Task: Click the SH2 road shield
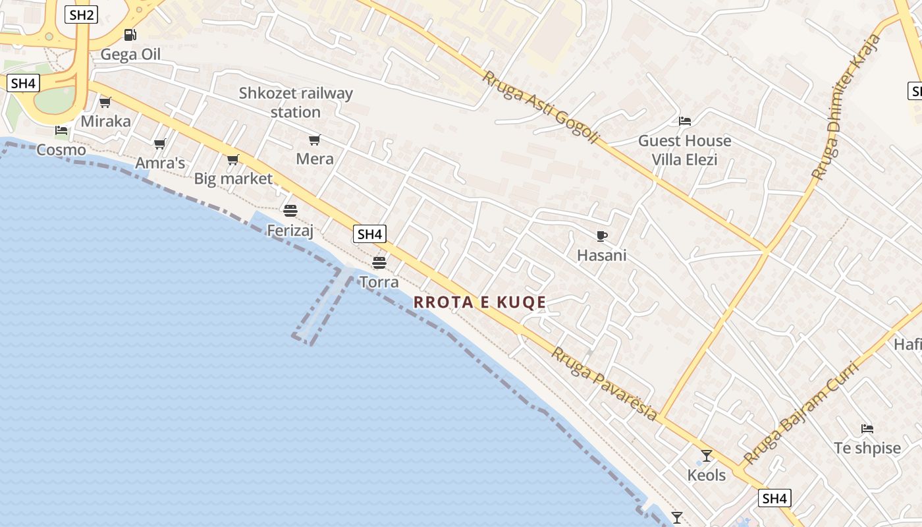(81, 15)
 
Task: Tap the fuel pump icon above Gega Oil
(130, 35)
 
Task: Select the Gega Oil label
(130, 54)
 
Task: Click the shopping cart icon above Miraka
(105, 102)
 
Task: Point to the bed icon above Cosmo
(61, 130)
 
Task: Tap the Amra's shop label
(160, 163)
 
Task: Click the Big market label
(233, 179)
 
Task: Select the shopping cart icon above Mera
(314, 140)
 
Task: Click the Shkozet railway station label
(296, 102)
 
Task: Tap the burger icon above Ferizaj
(290, 211)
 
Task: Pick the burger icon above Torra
(379, 263)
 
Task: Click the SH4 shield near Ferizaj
(369, 234)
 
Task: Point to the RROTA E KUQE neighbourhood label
(480, 302)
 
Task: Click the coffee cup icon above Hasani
(601, 236)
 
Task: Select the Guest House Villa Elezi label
(684, 150)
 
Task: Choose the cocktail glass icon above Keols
(706, 455)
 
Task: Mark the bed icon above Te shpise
(867, 429)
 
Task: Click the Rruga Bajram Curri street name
(801, 414)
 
